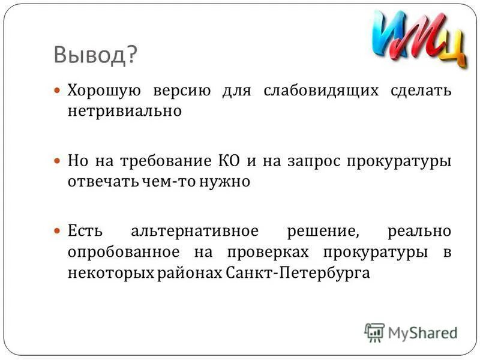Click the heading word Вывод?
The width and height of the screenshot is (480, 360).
pos(95,56)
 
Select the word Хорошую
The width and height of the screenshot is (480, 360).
pos(104,91)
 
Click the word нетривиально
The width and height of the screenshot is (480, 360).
pos(124,111)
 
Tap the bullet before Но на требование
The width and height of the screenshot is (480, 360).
pos(58,161)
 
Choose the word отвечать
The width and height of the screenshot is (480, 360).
pos(97,181)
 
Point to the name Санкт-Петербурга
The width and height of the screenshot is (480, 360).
pos(298,272)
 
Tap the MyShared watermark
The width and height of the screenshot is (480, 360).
pos(411,331)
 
